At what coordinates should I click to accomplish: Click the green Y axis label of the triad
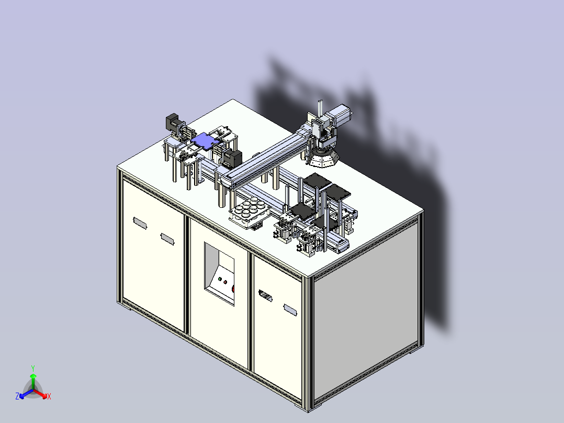point(32,368)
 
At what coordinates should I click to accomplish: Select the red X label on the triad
point(49,397)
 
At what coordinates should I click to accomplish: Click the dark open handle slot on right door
point(266,297)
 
